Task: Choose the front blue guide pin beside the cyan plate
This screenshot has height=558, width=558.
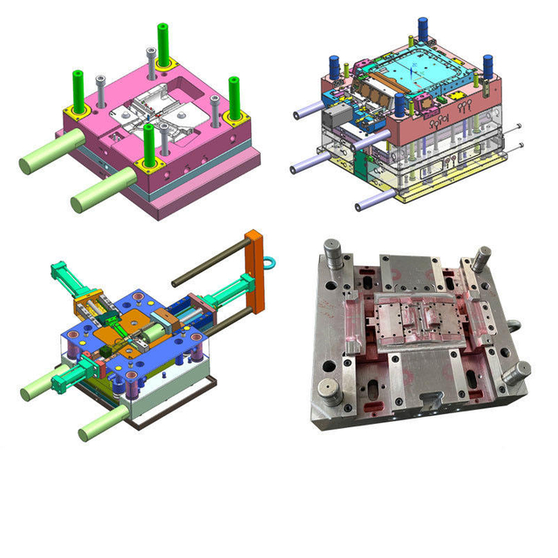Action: pyautogui.click(x=400, y=106)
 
